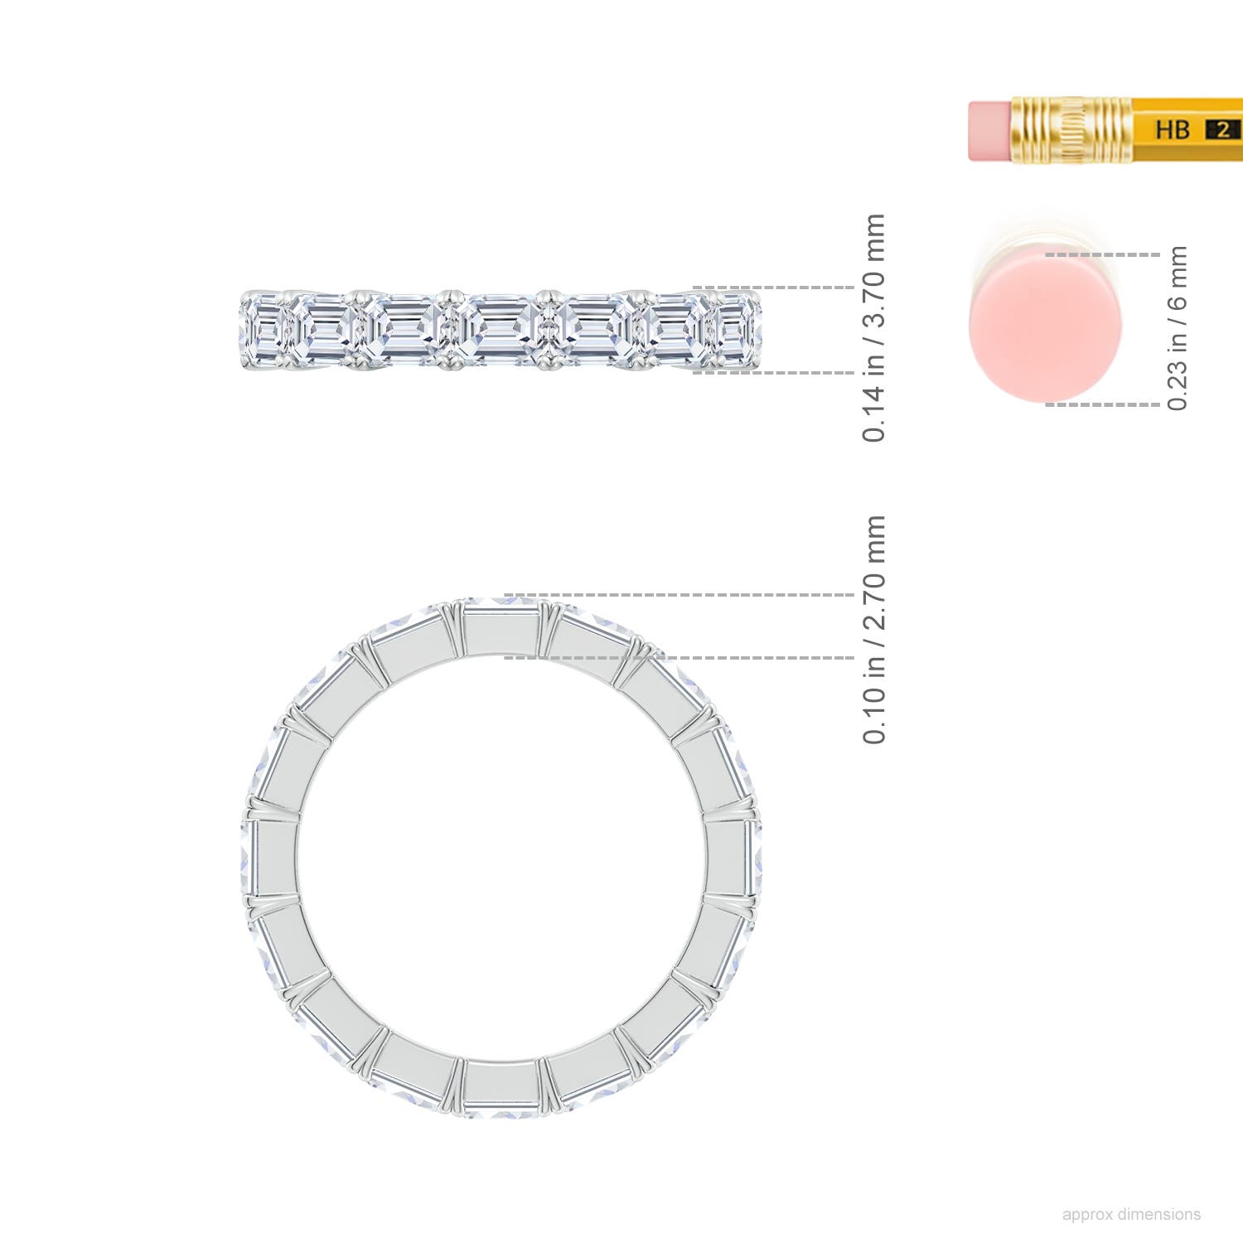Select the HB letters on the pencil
pyautogui.click(x=1172, y=130)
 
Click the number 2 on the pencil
pyautogui.click(x=1222, y=130)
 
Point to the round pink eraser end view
pyautogui.click(x=1045, y=327)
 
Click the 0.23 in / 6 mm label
pyautogui.click(x=1177, y=327)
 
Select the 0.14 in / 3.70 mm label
pyautogui.click(x=874, y=327)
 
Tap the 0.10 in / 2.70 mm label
pyautogui.click(x=874, y=629)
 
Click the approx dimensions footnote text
pyautogui.click(x=1130, y=1214)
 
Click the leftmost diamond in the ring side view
pyautogui.click(x=264, y=330)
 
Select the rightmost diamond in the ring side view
pyautogui.click(x=737, y=330)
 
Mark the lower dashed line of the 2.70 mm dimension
pyautogui.click(x=746, y=657)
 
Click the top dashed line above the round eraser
pyautogui.click(x=1102, y=255)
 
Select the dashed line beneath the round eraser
pyautogui.click(x=1102, y=404)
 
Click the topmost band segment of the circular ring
pyautogui.click(x=501, y=630)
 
